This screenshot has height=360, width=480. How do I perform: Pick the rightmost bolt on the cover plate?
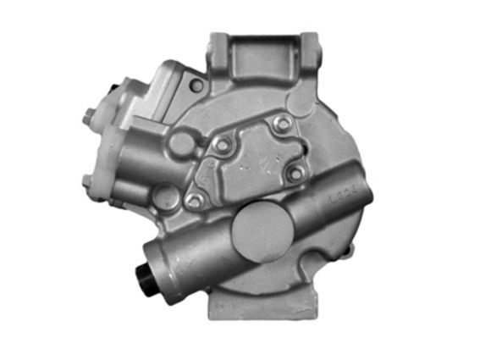click(x=295, y=174)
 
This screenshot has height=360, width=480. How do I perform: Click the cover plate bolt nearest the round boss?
click(x=222, y=145)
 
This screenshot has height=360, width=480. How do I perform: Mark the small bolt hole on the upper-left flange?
click(x=196, y=86)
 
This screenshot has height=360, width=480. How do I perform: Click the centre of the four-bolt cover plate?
click(x=250, y=161)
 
